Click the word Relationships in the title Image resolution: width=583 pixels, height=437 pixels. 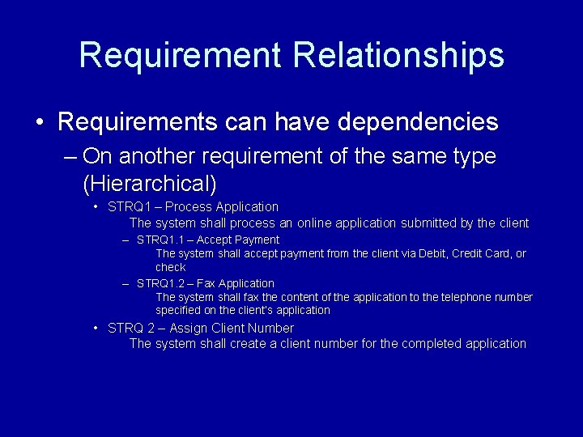(398, 55)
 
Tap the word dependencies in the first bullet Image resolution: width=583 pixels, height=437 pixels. (417, 122)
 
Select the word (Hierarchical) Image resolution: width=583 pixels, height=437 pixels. (150, 182)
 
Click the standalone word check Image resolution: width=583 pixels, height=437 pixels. (171, 267)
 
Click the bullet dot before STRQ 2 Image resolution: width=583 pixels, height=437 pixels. (96, 329)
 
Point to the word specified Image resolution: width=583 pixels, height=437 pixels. (179, 310)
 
